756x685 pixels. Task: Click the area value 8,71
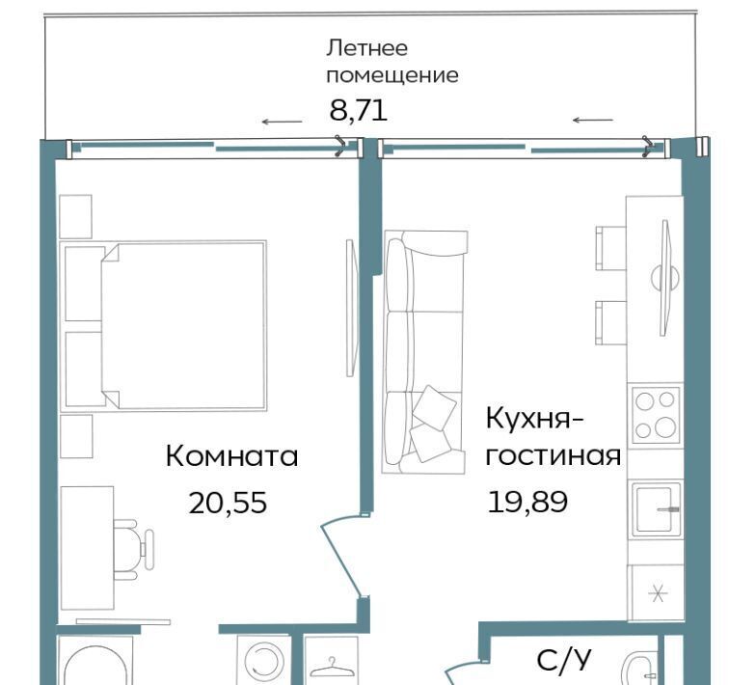point(359,110)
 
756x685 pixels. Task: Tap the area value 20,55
point(228,502)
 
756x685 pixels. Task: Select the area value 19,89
point(527,502)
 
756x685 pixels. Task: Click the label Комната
point(231,456)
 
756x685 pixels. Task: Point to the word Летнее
point(366,48)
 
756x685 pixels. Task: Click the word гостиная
point(553,455)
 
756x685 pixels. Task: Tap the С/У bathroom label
point(563,660)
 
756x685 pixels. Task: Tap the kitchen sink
point(654,508)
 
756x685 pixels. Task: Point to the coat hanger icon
point(331,668)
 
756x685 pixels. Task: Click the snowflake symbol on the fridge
point(657,593)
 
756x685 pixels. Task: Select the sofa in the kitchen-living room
point(424,352)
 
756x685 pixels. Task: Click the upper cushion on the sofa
point(434,406)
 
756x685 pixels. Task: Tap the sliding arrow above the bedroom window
point(282,122)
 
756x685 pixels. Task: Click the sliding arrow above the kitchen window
point(592,120)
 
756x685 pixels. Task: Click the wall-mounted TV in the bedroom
point(351,309)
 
